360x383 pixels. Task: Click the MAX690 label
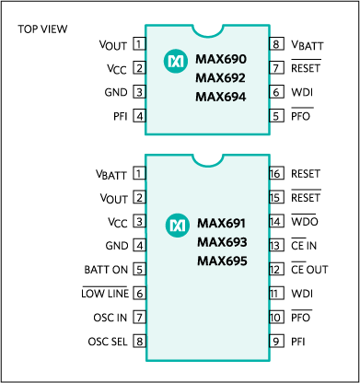point(221,60)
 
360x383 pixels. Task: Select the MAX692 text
point(221,78)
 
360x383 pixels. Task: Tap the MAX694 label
point(221,97)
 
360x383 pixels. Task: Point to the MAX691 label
point(222,224)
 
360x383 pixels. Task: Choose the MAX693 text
point(222,242)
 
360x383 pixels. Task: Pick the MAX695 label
point(222,261)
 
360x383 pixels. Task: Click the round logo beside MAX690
point(175,61)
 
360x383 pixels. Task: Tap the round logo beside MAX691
point(177,225)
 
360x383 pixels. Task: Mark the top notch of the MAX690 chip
point(207,30)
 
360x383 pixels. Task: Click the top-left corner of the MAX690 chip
point(146,26)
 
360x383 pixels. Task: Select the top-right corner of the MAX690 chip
point(269,26)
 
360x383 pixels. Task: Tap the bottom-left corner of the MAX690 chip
point(146,134)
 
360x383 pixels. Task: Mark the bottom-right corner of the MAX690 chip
point(269,134)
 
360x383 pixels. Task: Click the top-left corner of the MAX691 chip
point(146,155)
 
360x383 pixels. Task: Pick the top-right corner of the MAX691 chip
point(269,155)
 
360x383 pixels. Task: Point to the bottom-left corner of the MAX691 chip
point(146,360)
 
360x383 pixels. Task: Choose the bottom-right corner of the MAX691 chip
point(269,360)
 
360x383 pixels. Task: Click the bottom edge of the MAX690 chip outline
point(207,134)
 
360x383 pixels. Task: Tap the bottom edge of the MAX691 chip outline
point(207,360)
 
